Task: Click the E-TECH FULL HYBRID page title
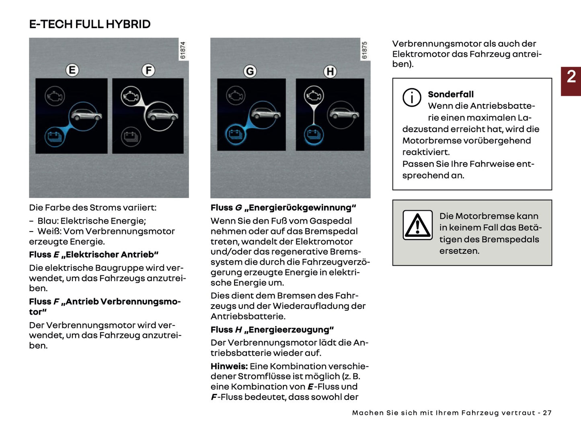point(90,24)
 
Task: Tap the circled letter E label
point(72,70)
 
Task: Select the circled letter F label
point(148,70)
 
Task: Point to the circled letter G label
point(250,71)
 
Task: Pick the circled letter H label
point(330,72)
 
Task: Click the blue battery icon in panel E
point(54,137)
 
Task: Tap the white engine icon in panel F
point(131,97)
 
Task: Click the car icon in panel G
point(265,114)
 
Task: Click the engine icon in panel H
point(314,95)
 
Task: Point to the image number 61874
point(183,50)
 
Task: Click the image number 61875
point(365,50)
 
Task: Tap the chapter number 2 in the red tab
point(571,77)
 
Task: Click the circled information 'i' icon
point(412,97)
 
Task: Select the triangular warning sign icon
point(417,225)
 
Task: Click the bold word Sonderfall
point(450,94)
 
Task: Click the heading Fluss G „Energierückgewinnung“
point(283,208)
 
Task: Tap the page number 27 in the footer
point(547,413)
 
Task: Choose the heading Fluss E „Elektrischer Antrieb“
point(94,255)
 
